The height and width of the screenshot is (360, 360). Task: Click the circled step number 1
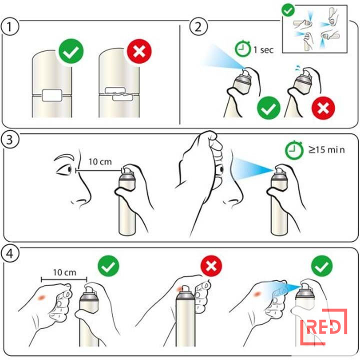pos(9,26)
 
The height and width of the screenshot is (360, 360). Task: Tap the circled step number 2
pos(198,26)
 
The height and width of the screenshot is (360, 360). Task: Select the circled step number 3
pos(9,140)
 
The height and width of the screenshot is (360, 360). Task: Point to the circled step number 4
pos(9,254)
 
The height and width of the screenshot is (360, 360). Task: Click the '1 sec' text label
pos(263,49)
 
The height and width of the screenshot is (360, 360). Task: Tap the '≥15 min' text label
pos(326,149)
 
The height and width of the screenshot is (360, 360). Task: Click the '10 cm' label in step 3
pos(100,161)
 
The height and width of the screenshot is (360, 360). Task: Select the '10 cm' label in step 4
pos(64,272)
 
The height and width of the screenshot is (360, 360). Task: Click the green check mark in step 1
pos(71,51)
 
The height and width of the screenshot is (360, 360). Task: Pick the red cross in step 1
pos(139,51)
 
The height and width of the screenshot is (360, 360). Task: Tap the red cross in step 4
pos(211,266)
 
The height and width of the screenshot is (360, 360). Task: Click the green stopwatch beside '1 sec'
pos(242,48)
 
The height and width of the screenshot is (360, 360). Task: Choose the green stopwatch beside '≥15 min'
pos(293,150)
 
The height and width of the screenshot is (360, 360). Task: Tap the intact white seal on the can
pos(52,95)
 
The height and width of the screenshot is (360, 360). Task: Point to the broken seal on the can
pos(118,94)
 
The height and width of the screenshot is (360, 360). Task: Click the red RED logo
pos(323,327)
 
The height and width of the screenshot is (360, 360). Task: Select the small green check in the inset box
pos(288,10)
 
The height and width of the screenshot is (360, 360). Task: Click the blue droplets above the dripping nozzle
pos(298,67)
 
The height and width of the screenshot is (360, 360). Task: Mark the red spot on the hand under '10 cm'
pos(41,297)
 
